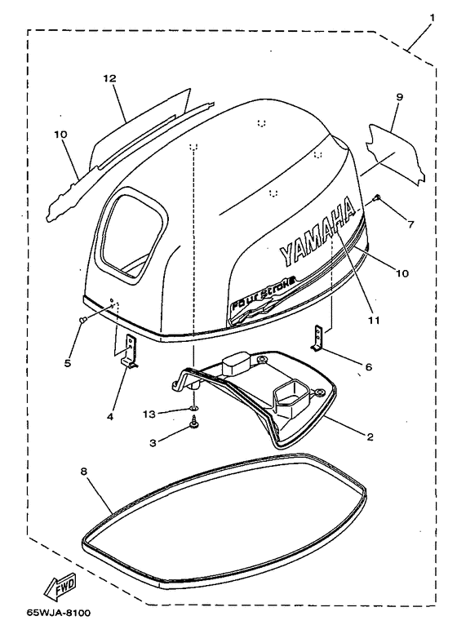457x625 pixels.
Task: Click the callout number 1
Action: (x=433, y=17)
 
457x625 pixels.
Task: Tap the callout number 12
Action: (x=109, y=78)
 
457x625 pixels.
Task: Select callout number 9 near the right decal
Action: (x=400, y=97)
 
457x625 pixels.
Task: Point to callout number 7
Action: (x=411, y=224)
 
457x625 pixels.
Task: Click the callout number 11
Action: (x=374, y=320)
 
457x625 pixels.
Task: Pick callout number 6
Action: (x=369, y=366)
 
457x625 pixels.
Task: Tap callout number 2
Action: (x=370, y=437)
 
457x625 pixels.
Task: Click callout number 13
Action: (x=149, y=414)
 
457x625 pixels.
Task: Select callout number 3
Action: (x=153, y=443)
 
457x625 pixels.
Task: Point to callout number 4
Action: (x=110, y=417)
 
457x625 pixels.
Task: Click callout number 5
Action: (x=68, y=363)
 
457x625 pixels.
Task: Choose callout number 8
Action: (x=83, y=471)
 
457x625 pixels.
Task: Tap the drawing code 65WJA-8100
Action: (x=59, y=613)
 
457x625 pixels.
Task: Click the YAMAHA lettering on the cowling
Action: (x=317, y=232)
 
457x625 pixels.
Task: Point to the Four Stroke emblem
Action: (x=264, y=294)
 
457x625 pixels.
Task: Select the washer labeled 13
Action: (x=193, y=409)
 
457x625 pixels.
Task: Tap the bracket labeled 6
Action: (x=317, y=338)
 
